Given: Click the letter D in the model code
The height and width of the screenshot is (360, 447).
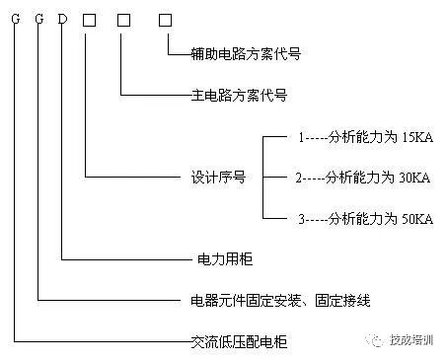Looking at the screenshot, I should coord(63,17).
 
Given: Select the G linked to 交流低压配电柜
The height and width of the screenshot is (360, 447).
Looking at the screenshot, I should coord(15,17).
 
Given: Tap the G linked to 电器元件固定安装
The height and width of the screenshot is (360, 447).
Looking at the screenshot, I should coord(38,17).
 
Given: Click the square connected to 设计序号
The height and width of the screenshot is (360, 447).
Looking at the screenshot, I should coord(89,17).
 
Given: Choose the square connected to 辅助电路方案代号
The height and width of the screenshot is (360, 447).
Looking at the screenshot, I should coord(164,17).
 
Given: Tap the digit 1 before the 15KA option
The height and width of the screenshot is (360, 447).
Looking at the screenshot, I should coord(302,138).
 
